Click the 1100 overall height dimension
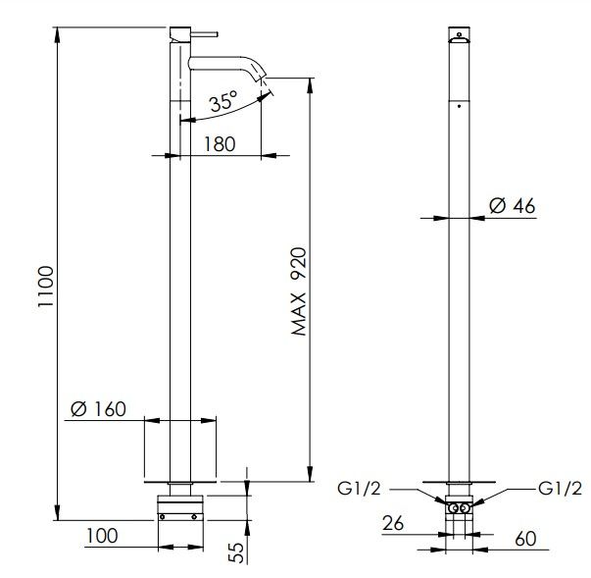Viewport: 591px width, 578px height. click(46, 287)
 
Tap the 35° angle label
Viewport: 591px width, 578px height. click(223, 101)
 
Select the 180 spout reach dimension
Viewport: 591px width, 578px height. click(220, 144)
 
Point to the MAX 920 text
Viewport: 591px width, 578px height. click(300, 291)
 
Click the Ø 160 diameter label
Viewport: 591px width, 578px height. click(98, 409)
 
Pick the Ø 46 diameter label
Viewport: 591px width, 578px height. click(512, 206)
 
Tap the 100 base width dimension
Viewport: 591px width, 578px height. click(102, 536)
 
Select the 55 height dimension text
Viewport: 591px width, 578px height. click(237, 552)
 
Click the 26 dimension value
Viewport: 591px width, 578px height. click(393, 523)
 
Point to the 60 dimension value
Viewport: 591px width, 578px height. click(525, 539)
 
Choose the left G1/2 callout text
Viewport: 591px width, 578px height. click(359, 489)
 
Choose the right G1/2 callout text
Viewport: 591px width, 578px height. click(560, 489)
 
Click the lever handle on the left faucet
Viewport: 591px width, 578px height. click(205, 34)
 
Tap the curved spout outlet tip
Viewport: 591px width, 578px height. click(263, 78)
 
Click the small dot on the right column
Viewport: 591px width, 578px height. click(459, 106)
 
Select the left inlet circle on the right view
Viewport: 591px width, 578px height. click(455, 508)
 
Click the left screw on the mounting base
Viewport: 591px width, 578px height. click(162, 517)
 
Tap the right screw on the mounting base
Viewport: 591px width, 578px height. click(194, 517)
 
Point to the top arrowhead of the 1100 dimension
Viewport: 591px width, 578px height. click(57, 34)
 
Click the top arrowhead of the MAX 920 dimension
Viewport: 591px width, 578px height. click(310, 85)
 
